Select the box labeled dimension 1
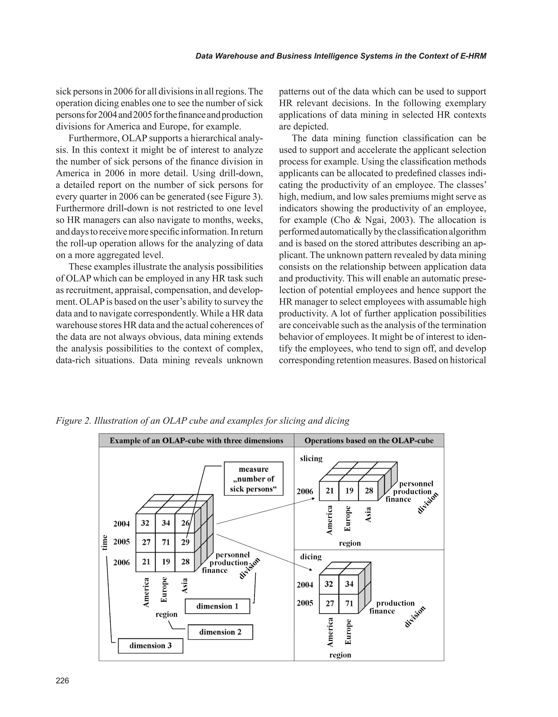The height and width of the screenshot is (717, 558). (x=217, y=606)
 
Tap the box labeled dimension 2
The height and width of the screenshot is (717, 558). (x=220, y=632)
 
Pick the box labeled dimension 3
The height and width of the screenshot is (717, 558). (x=150, y=645)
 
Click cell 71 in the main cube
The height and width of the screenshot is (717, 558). (x=166, y=542)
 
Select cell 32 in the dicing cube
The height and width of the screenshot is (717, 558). (x=329, y=584)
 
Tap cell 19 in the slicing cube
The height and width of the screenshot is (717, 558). (x=349, y=490)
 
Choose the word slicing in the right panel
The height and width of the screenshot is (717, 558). (x=311, y=458)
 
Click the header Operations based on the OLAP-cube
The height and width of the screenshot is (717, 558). (x=369, y=441)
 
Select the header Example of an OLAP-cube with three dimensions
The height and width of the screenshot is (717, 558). (x=196, y=441)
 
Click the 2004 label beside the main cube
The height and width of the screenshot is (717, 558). (x=122, y=524)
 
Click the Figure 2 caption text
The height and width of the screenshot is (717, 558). (x=202, y=420)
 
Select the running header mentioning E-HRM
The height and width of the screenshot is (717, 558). (x=341, y=56)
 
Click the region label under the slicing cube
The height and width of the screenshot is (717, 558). (x=350, y=543)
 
